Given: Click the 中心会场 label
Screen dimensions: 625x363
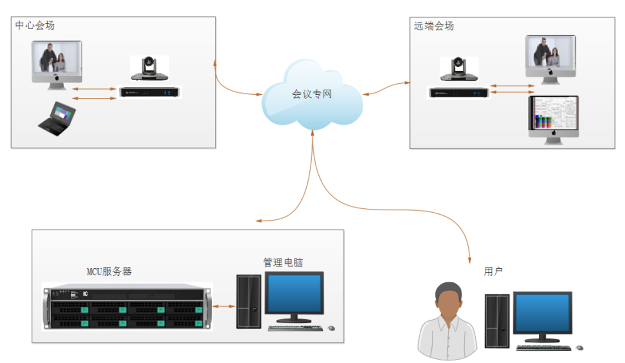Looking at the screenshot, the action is [x=35, y=25].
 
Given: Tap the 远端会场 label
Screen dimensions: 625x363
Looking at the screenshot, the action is [x=434, y=26].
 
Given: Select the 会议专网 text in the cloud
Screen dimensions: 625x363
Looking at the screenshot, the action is [x=312, y=94].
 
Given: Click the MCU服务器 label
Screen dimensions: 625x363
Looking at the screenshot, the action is [x=109, y=271].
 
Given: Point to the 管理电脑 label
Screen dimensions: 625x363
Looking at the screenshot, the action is [x=283, y=262].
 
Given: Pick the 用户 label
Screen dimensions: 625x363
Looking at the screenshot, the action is [x=493, y=271].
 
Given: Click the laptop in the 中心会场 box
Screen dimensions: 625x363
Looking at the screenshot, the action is [x=57, y=119].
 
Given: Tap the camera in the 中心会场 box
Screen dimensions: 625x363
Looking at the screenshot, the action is [x=149, y=68].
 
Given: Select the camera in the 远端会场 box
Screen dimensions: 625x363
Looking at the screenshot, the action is [x=459, y=69].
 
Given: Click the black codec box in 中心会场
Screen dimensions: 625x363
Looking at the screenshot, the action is [x=149, y=92].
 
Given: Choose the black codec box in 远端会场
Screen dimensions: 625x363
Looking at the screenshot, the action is [x=459, y=93].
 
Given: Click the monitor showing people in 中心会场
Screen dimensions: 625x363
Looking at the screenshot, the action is [x=57, y=65].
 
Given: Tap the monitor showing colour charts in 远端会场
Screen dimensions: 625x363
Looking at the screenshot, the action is [x=554, y=120].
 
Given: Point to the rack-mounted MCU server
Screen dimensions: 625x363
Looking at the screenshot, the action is [x=127, y=307].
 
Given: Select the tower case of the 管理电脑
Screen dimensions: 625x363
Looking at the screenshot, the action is [x=249, y=302].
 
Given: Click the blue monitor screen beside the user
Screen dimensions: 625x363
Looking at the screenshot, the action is [x=543, y=313].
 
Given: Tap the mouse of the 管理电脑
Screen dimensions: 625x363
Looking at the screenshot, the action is [x=331, y=328].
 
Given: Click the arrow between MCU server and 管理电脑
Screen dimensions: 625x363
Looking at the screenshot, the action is [x=224, y=306].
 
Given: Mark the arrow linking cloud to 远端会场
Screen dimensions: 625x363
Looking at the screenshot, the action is [x=386, y=88].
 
